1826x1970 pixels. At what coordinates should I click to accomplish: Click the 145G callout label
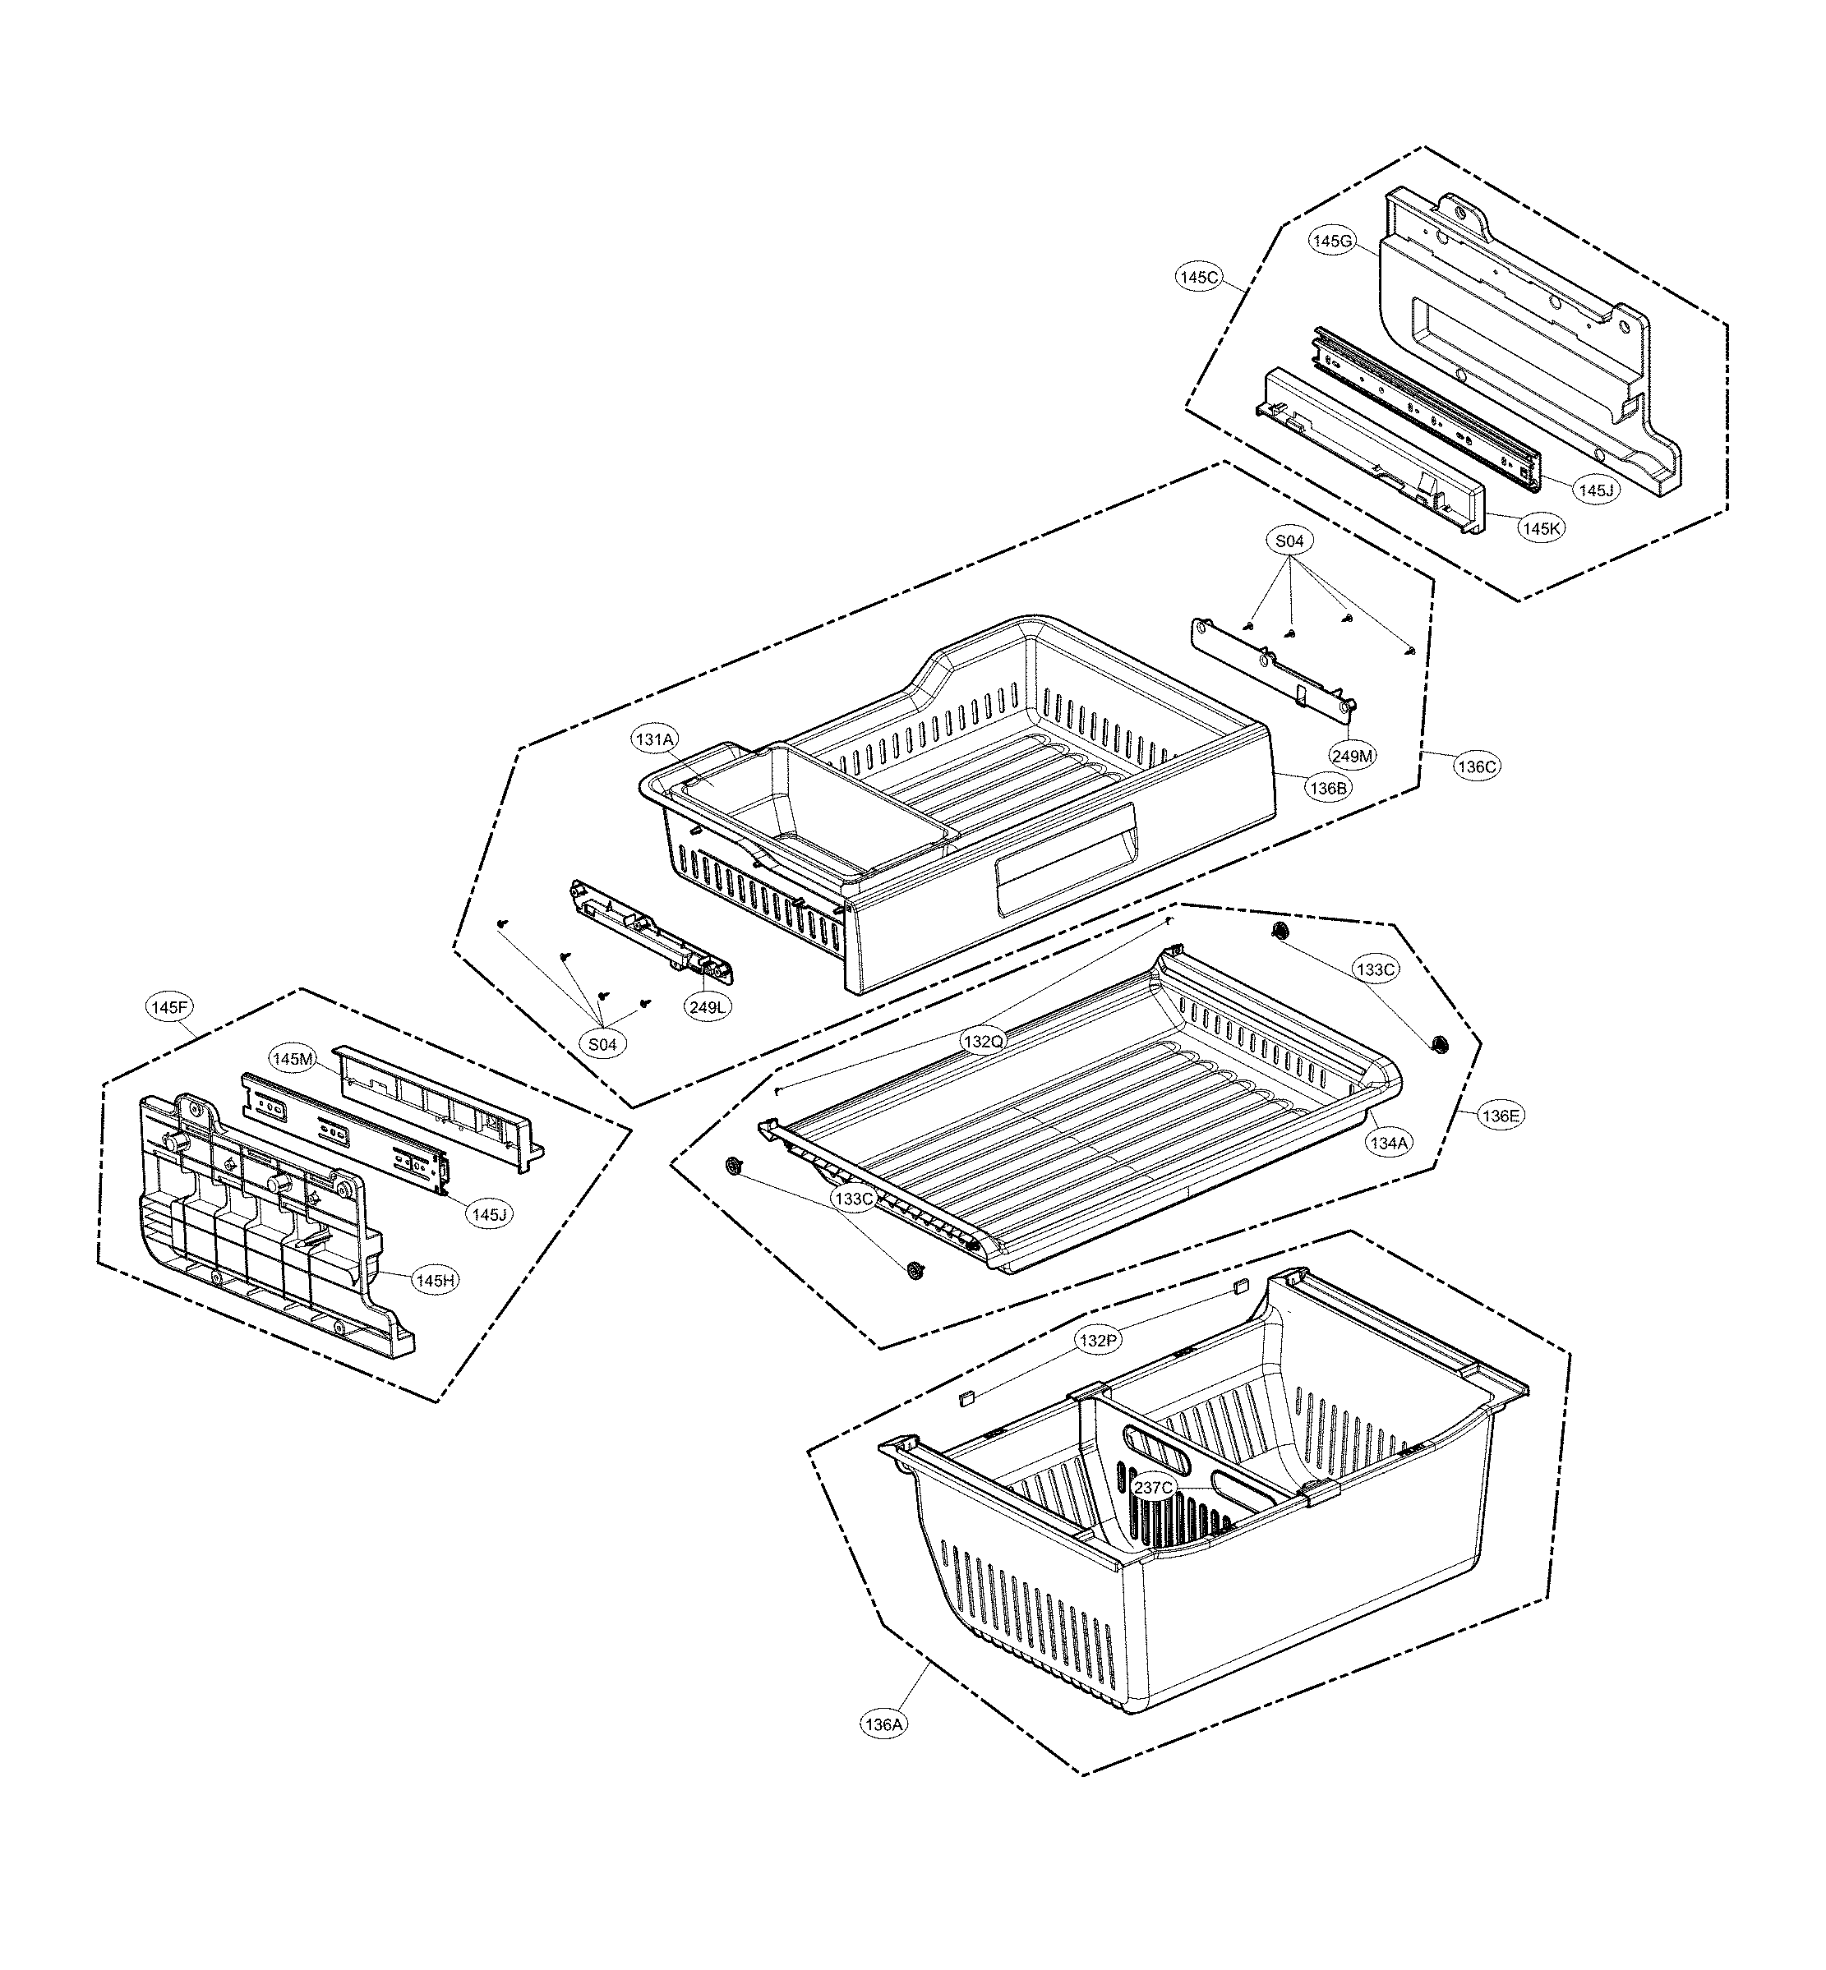(1332, 241)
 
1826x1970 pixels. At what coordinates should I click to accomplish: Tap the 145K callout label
(1542, 528)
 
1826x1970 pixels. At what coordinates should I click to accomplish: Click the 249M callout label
(1352, 756)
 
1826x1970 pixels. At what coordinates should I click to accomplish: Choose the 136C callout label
(1478, 766)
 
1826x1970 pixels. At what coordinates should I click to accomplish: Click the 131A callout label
(655, 739)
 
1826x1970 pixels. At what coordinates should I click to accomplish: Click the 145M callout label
(293, 1059)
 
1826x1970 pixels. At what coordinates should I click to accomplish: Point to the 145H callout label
(436, 1281)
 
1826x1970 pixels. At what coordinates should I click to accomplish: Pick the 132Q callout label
(984, 1040)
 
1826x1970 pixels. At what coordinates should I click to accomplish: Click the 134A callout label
(1388, 1143)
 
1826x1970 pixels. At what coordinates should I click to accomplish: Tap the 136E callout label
(1499, 1116)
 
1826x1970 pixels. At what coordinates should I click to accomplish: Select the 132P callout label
(1099, 1341)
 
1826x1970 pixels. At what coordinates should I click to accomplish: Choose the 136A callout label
(883, 1724)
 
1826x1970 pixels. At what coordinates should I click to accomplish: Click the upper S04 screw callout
(1289, 541)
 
